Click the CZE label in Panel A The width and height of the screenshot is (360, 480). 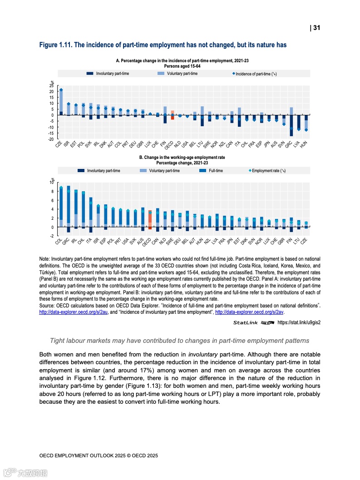point(59,144)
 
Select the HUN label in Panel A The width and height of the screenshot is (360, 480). point(304,144)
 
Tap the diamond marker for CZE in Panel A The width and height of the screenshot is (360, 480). point(61,90)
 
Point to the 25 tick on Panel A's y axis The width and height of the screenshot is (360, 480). point(51,85)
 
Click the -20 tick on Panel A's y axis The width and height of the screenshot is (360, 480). point(50,139)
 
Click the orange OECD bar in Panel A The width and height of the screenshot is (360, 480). point(173,115)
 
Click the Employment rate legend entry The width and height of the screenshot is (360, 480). point(267,171)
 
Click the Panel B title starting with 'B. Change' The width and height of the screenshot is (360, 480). point(182,158)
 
